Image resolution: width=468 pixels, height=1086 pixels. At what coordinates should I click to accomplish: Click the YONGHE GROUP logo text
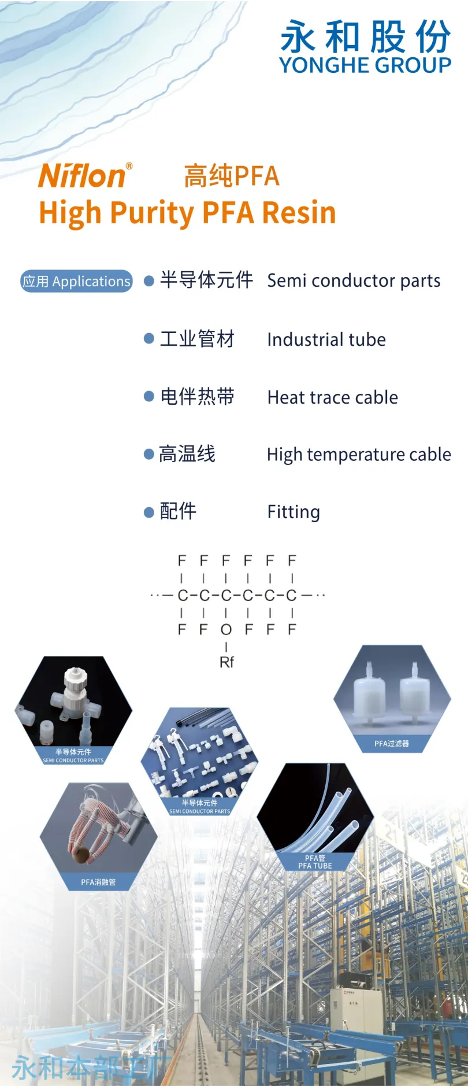pyautogui.click(x=365, y=65)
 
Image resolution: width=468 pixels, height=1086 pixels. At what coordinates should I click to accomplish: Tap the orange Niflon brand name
pyautogui.click(x=82, y=176)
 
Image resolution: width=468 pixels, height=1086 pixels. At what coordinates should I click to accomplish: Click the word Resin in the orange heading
pyautogui.click(x=299, y=212)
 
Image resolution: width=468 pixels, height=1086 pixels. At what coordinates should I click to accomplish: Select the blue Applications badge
pyautogui.click(x=76, y=282)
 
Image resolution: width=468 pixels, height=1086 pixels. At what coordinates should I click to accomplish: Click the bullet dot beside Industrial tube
pyautogui.click(x=149, y=339)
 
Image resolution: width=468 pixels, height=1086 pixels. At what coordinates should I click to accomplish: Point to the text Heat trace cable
pyautogui.click(x=332, y=397)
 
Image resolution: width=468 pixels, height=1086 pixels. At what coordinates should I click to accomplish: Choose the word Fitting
pyautogui.click(x=293, y=512)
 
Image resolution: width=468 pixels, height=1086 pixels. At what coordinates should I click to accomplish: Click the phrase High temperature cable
pyautogui.click(x=358, y=455)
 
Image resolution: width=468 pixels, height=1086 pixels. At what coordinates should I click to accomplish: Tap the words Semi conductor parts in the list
pyautogui.click(x=353, y=281)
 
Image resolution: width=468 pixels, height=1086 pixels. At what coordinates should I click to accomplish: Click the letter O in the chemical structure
pyautogui.click(x=226, y=629)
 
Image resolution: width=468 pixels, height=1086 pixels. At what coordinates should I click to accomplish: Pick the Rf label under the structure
pyautogui.click(x=226, y=662)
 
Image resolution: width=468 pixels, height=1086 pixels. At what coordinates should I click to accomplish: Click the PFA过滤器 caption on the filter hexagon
pyautogui.click(x=391, y=744)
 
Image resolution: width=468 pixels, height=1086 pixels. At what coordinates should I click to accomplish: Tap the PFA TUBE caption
pyautogui.click(x=315, y=866)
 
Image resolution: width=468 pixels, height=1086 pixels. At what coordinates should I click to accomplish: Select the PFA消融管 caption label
pyautogui.click(x=98, y=882)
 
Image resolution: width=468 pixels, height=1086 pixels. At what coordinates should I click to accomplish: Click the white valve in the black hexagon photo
pyautogui.click(x=74, y=692)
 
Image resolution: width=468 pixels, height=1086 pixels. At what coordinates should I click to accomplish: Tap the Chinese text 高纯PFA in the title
pyautogui.click(x=231, y=176)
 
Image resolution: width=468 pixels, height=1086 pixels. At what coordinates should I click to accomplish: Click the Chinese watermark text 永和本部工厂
pyautogui.click(x=87, y=1067)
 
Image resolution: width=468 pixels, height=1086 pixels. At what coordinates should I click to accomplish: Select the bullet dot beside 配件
pyautogui.click(x=149, y=512)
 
